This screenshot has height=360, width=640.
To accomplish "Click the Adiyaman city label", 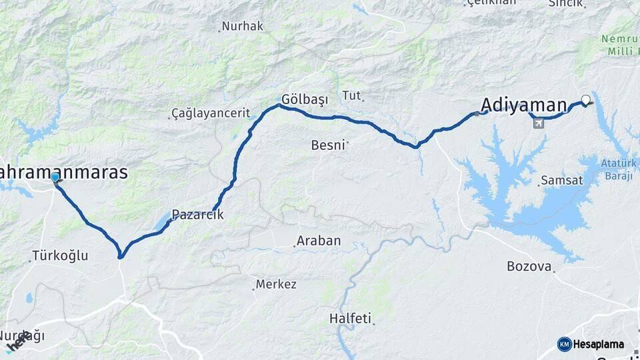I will [x=523, y=105].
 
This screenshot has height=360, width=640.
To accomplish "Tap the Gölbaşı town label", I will [x=305, y=99].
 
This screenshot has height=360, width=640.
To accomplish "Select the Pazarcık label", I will [x=197, y=215].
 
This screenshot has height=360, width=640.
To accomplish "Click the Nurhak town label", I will [x=243, y=27].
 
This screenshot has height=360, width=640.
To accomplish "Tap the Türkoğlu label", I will [x=59, y=255].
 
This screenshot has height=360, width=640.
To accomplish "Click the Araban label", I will [x=319, y=241].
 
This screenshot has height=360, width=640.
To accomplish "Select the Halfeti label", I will [x=350, y=319].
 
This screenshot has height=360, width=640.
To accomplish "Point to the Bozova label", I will [x=529, y=267].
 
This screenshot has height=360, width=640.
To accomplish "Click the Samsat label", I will [x=562, y=180].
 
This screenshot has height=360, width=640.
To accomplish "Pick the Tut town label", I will [x=351, y=95].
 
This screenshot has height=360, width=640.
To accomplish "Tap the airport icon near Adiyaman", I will [x=538, y=123].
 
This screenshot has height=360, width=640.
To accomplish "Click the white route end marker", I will [x=586, y=100].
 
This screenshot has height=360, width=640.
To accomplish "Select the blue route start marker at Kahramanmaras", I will [x=55, y=177].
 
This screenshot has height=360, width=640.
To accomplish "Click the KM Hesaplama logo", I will [x=591, y=344].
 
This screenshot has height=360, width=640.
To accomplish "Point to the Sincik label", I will [x=567, y=3].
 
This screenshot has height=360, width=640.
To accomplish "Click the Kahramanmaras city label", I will [x=63, y=172].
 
